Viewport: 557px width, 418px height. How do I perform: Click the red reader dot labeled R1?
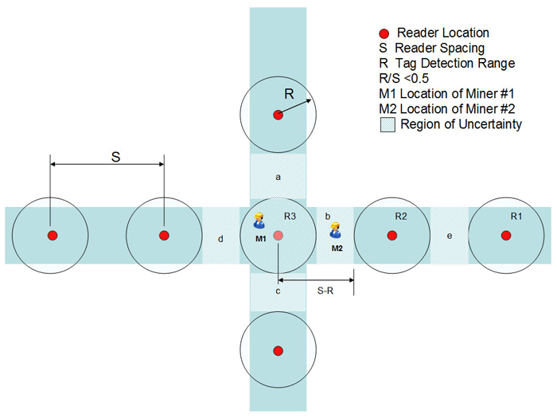point(505,235)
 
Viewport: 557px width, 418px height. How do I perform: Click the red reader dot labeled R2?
point(391,235)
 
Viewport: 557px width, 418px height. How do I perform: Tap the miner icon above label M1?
point(259,222)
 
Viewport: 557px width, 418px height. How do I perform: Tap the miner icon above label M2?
point(336,232)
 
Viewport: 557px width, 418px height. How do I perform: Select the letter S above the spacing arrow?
point(115,157)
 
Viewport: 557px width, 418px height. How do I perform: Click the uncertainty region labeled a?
point(278,177)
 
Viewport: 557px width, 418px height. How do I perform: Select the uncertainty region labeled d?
point(221,236)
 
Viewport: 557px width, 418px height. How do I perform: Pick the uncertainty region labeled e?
point(450,236)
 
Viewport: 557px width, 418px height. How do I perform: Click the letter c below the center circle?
point(278,291)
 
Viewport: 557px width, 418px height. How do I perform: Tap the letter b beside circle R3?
point(328,216)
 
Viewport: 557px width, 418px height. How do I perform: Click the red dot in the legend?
point(384,33)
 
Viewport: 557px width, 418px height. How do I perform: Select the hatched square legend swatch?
point(384,124)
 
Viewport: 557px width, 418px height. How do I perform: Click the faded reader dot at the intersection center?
point(278,236)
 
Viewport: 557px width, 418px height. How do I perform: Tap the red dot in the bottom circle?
point(278,350)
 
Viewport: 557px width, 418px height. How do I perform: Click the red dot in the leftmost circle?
point(52,235)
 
